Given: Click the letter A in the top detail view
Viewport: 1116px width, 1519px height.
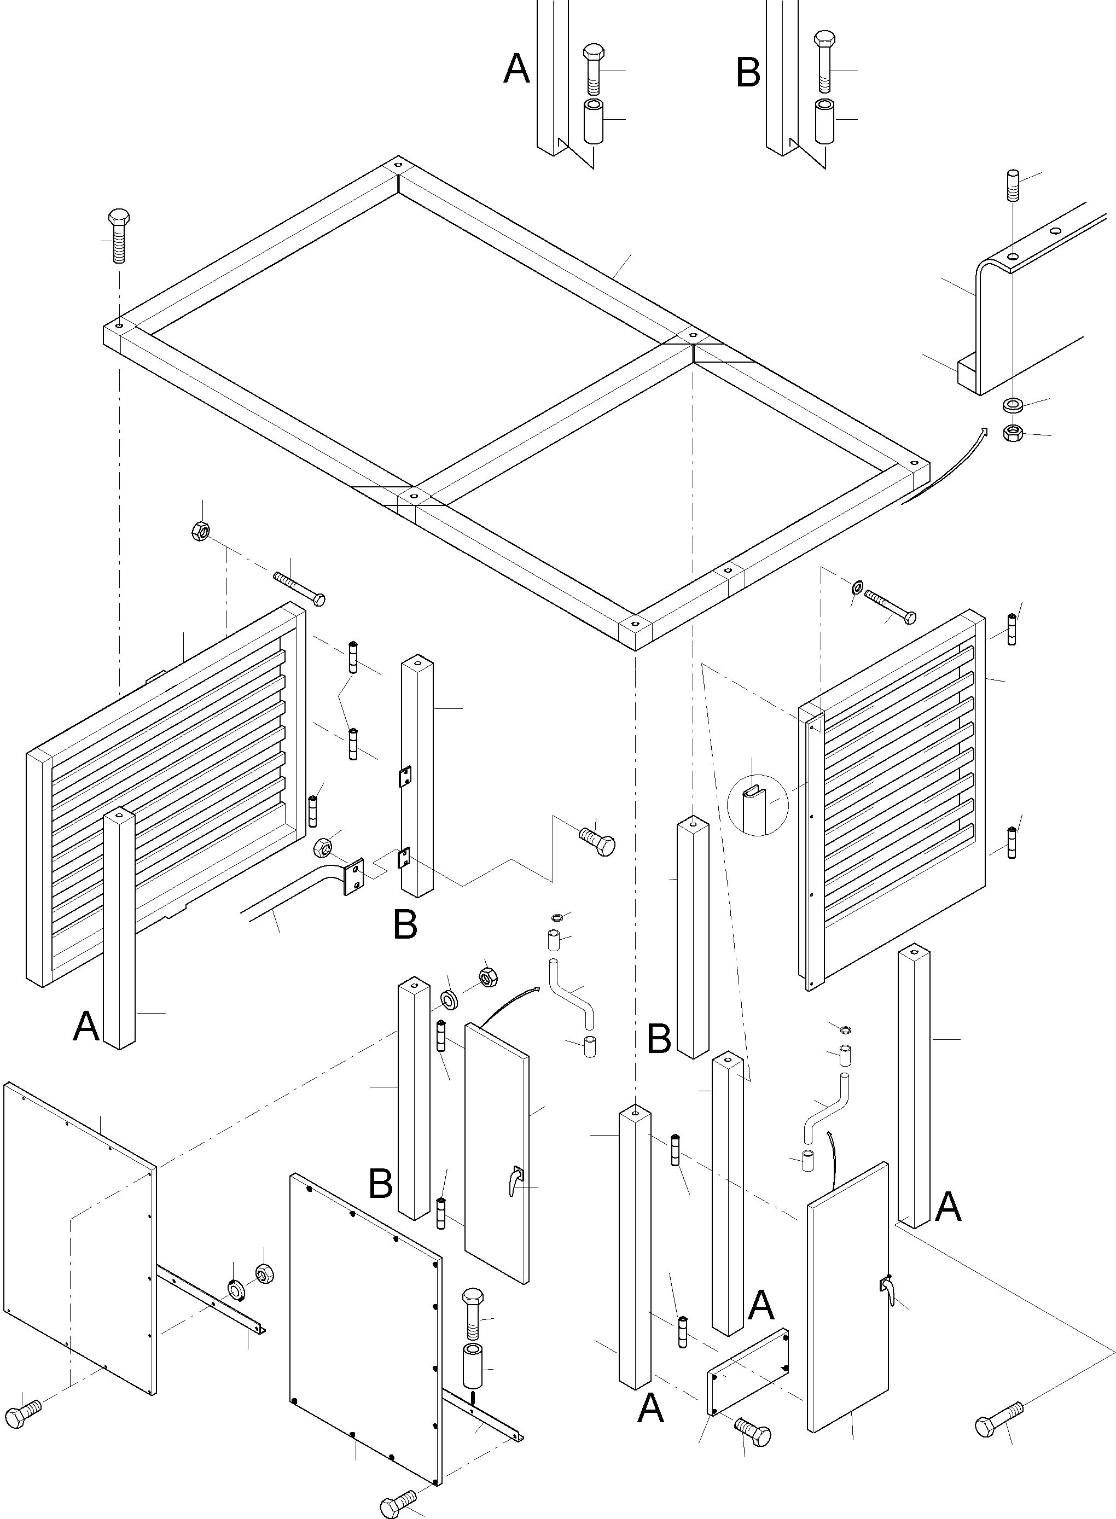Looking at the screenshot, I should click(517, 69).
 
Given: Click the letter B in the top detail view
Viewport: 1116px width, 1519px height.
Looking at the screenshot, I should click(748, 73).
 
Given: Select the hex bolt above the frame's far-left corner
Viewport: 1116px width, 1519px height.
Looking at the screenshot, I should click(119, 236).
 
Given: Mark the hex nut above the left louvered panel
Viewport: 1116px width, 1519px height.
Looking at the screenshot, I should click(201, 532).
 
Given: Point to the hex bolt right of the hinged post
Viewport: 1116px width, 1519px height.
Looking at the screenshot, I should click(597, 842).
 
